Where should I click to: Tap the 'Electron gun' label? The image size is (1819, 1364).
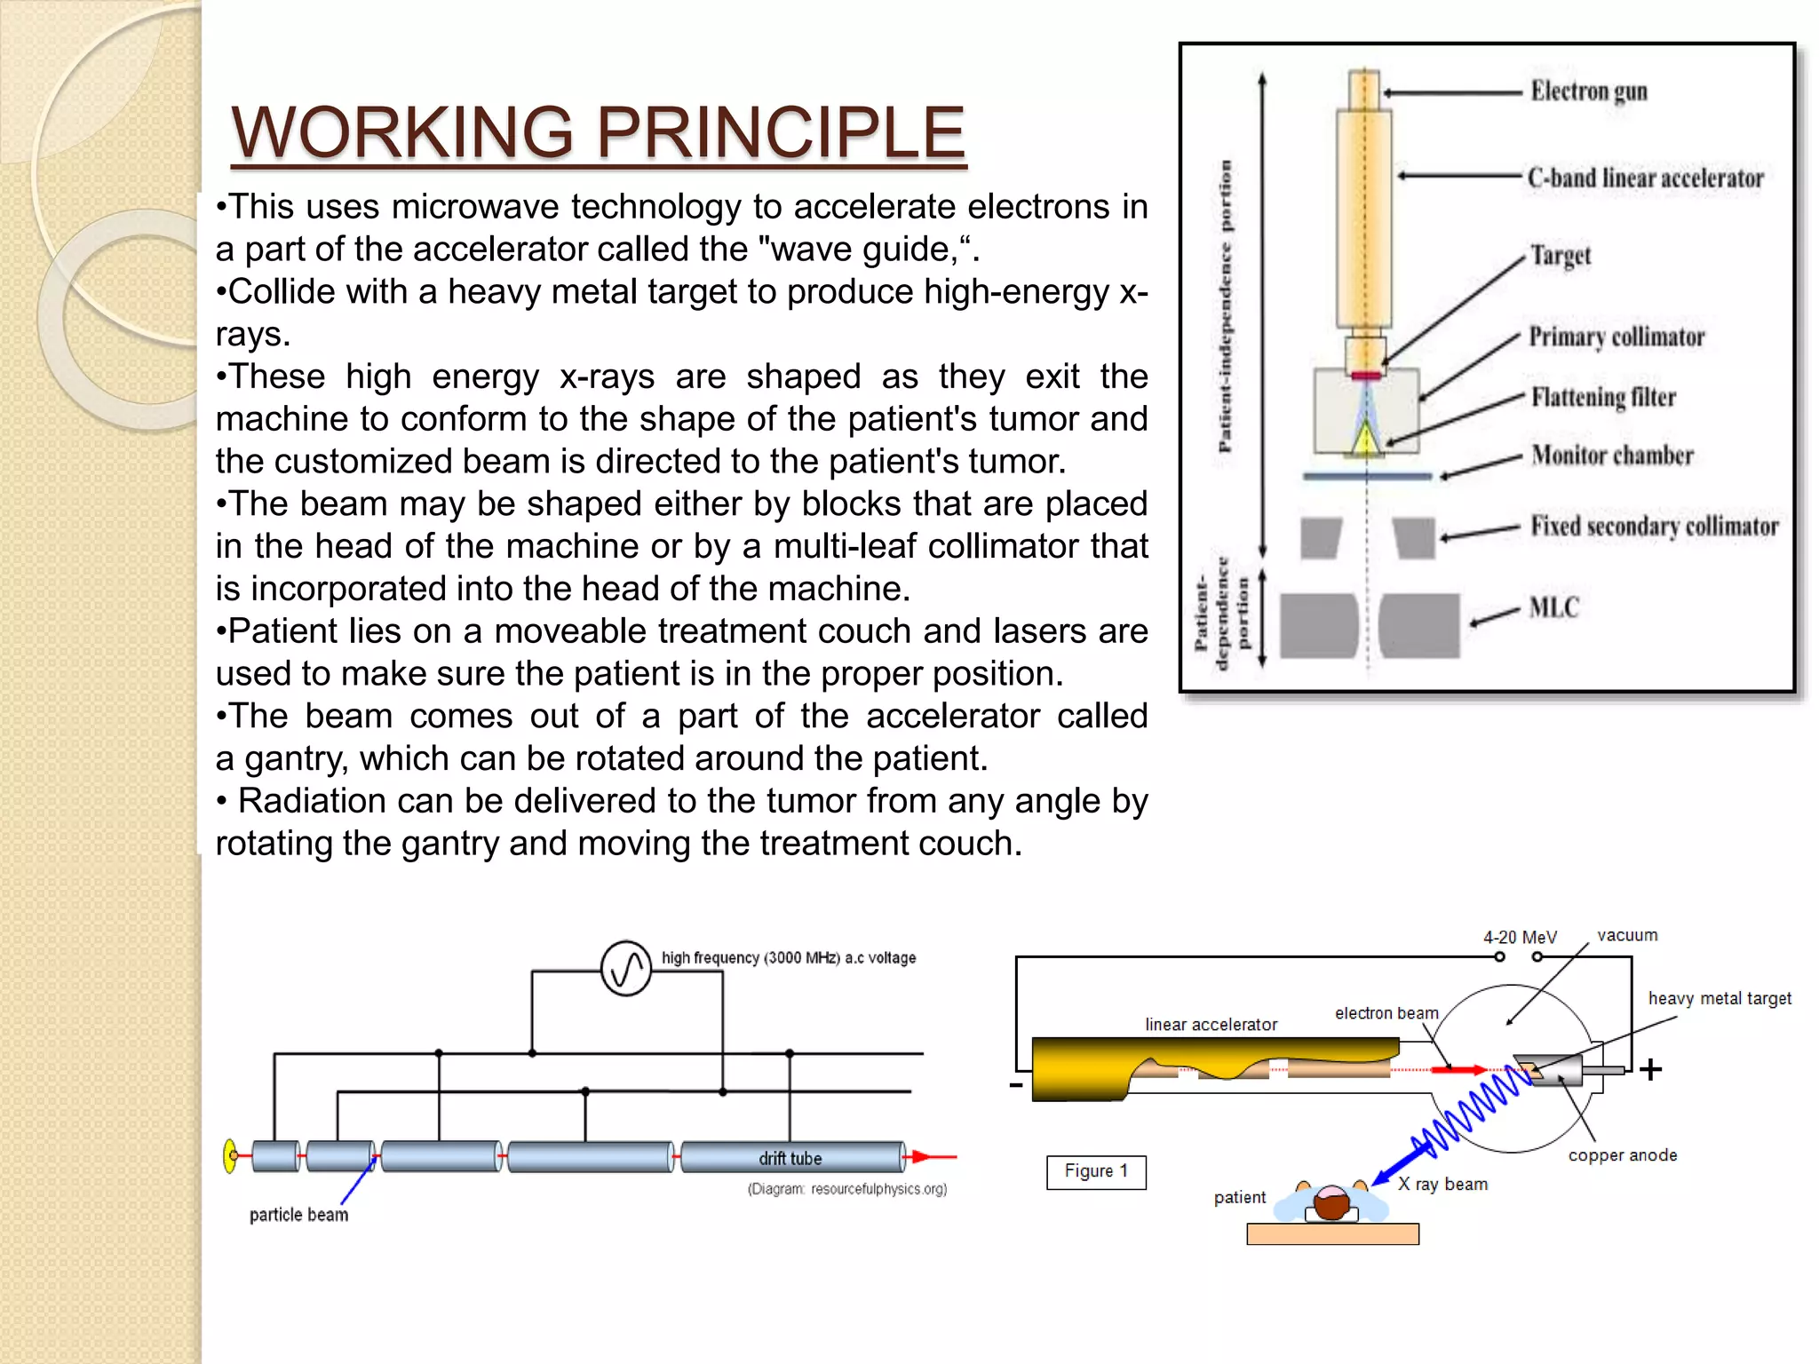pos(1588,91)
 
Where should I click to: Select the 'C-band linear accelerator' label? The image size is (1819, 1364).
pos(1645,178)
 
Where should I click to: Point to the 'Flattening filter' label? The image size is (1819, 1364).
pos(1603,397)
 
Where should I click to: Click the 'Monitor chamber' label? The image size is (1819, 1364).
pos(1612,456)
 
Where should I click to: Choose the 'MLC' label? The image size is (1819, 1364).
pos(1554,608)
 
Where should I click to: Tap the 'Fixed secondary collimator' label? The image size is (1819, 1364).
pos(1654,526)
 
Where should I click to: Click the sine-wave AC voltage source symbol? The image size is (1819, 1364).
pos(626,968)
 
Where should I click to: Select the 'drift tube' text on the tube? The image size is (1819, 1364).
pos(790,1158)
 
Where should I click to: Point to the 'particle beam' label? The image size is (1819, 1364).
pos(298,1215)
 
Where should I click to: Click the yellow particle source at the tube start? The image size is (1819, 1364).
pos(230,1156)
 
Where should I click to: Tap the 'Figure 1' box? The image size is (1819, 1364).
pos(1096,1171)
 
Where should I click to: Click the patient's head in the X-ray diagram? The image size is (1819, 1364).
pos(1331,1203)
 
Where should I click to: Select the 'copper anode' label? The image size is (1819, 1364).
pos(1622,1155)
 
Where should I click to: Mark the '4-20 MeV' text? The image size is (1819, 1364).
pos(1520,938)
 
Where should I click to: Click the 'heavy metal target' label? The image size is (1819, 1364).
pos(1720,998)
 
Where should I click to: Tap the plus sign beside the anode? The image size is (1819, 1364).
pos(1650,1069)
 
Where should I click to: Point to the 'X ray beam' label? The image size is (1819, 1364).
pos(1442,1184)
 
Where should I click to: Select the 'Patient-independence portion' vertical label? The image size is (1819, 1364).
pos(1226,306)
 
